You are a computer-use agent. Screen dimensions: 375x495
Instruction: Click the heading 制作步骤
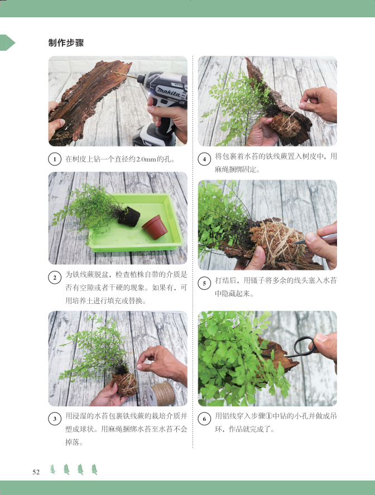[x=66, y=42]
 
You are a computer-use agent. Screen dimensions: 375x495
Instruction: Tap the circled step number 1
[x=55, y=159]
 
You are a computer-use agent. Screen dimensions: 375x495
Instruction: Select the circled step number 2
[x=55, y=278]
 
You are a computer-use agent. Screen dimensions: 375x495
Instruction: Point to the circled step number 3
[x=55, y=419]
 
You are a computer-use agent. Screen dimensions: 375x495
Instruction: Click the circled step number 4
[x=204, y=159]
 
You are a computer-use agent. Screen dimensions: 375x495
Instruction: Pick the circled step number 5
[x=204, y=283]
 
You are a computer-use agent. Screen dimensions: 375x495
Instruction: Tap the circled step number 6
[x=204, y=419]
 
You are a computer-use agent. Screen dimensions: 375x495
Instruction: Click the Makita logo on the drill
[x=169, y=92]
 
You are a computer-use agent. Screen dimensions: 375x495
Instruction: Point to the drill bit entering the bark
[x=125, y=75]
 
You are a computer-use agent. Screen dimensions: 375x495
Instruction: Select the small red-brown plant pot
[x=155, y=227]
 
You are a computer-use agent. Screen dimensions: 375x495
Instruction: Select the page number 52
[x=36, y=472]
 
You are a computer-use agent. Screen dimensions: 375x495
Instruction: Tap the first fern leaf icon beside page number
[x=53, y=469]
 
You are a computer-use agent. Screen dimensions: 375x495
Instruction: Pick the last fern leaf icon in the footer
[x=94, y=469]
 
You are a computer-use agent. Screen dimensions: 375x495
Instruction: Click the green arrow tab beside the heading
[x=7, y=42]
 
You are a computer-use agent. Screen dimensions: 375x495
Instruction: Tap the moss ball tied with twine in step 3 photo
[x=126, y=384]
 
